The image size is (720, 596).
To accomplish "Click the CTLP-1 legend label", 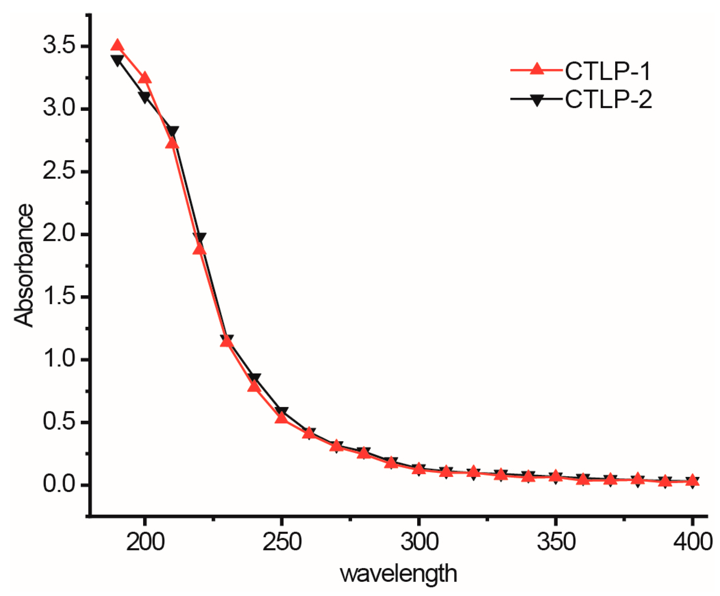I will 608,71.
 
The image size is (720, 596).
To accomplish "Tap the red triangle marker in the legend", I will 537,69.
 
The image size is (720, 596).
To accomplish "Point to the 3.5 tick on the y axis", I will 63,46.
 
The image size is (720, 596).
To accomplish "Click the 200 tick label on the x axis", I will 145,543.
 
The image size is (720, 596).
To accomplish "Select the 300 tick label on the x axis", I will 419,543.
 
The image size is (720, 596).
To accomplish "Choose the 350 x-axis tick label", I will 556,543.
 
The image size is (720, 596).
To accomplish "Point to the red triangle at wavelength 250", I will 282,417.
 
